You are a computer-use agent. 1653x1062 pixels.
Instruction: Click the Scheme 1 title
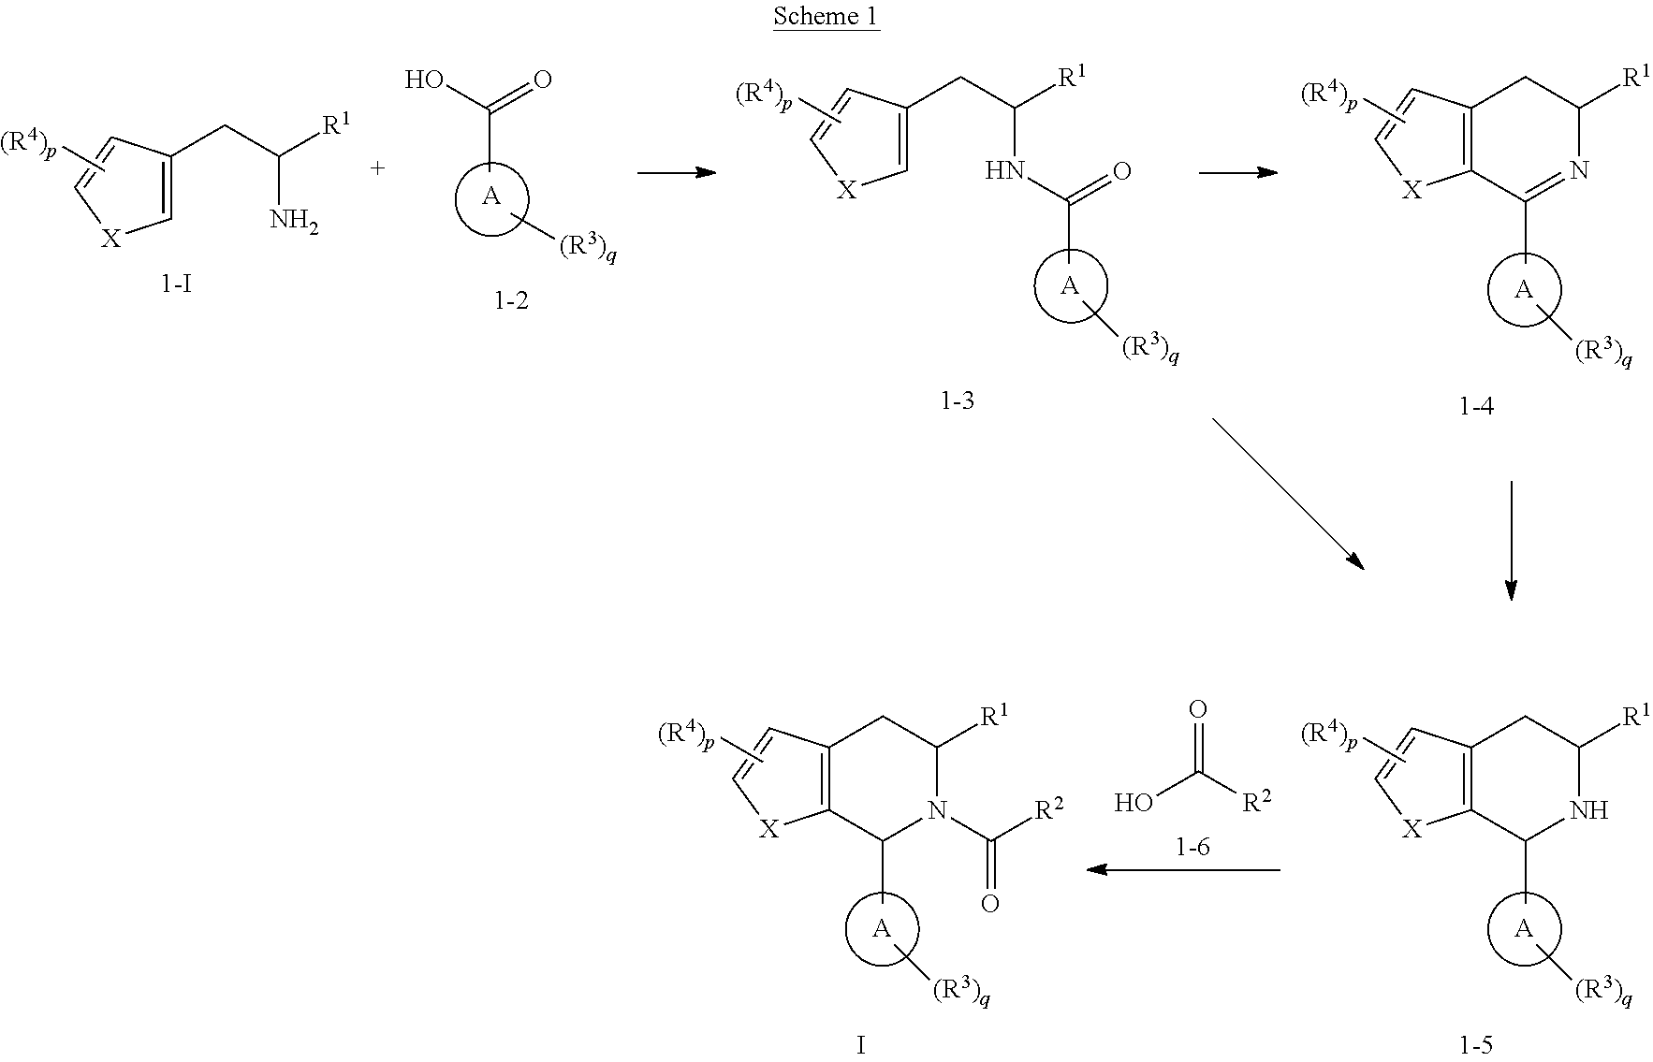tap(826, 17)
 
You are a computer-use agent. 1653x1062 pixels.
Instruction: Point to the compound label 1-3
tap(957, 402)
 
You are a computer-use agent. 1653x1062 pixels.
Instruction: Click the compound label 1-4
tap(1476, 406)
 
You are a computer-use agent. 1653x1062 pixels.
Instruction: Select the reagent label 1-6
tap(1192, 848)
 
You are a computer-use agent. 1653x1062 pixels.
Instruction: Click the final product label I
tap(861, 1045)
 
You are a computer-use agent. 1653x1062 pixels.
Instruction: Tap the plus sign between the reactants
tap(377, 168)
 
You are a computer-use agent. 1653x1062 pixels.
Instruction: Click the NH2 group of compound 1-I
tap(294, 223)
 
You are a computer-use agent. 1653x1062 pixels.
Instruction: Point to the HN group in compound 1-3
tap(1004, 170)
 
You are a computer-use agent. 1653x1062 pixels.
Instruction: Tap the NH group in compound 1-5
tap(1589, 810)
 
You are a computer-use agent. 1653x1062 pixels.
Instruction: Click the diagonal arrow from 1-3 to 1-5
tap(1288, 493)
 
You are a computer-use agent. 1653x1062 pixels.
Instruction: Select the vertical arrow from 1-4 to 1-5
tap(1511, 540)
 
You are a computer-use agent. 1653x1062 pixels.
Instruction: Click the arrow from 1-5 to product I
tap(1182, 870)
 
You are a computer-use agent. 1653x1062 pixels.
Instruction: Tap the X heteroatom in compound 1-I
tap(111, 239)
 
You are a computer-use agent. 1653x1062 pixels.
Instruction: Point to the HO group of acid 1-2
tap(423, 80)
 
